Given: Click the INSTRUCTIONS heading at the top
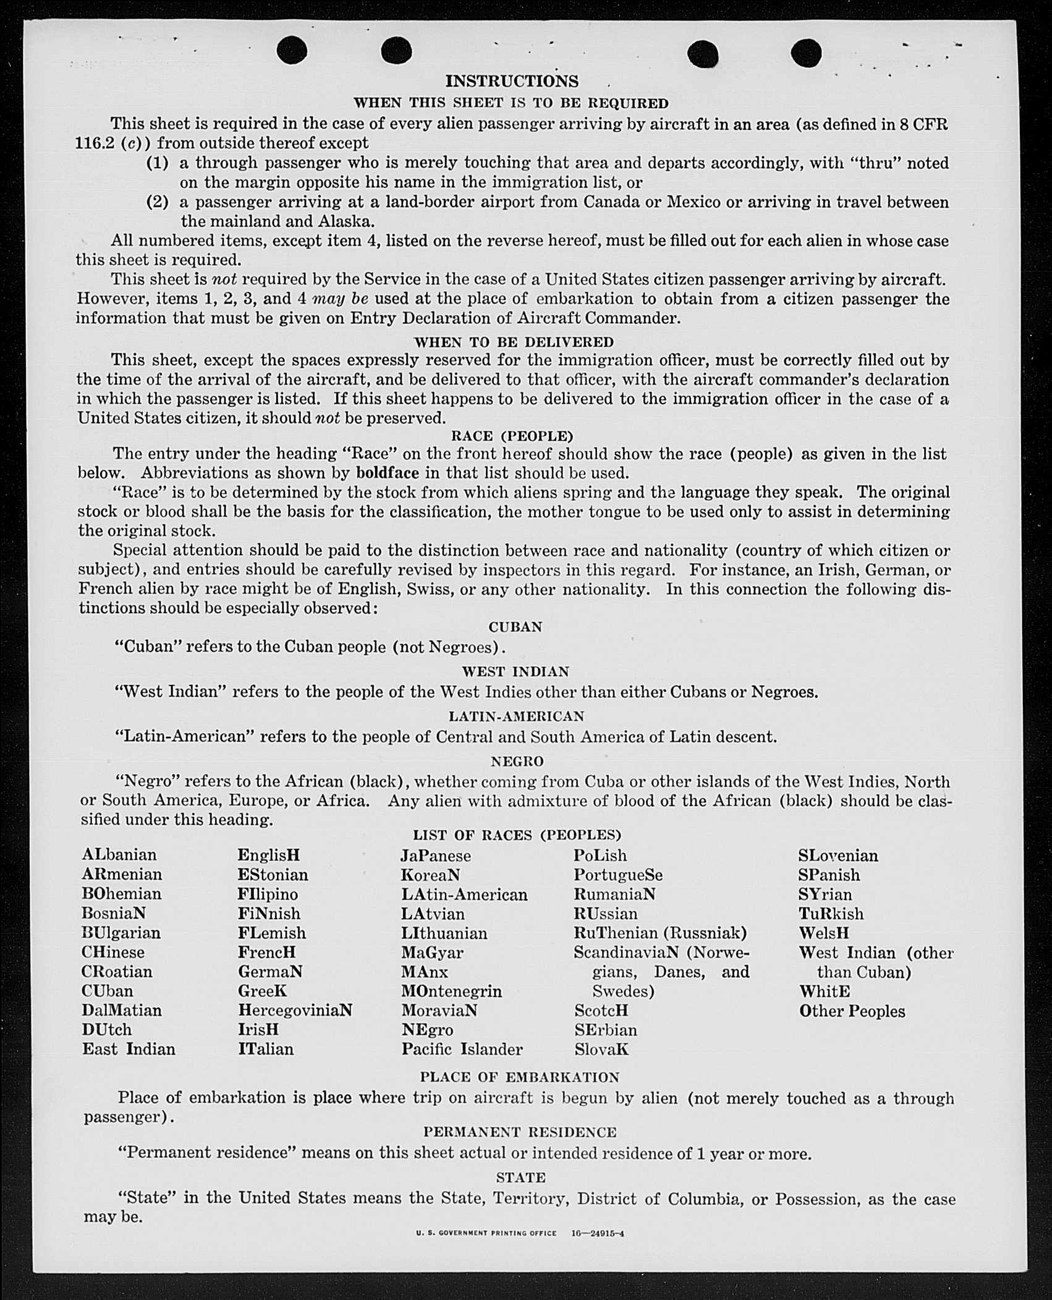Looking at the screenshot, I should click(512, 82).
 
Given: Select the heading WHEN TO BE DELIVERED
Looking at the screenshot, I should click(514, 342).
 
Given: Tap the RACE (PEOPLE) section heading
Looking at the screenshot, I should click(512, 436).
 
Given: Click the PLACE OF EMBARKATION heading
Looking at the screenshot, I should click(519, 1077).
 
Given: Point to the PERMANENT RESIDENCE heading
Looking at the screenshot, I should click(520, 1132).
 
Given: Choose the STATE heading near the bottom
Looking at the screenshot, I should click(520, 1177).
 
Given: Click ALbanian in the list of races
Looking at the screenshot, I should click(119, 855).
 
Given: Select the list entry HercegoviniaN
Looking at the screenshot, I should click(295, 1010).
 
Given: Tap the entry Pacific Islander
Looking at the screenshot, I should click(462, 1049).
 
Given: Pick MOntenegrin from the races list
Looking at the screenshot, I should click(451, 991).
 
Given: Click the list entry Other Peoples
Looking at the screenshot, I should click(852, 1011).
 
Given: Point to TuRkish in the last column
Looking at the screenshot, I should click(831, 914).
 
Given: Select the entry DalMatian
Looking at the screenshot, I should click(122, 1010).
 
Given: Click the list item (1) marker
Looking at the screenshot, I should click(157, 163).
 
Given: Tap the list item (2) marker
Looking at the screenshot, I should click(157, 202).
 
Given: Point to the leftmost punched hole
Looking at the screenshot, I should click(292, 50).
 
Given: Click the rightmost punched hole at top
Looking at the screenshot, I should click(806, 53).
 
